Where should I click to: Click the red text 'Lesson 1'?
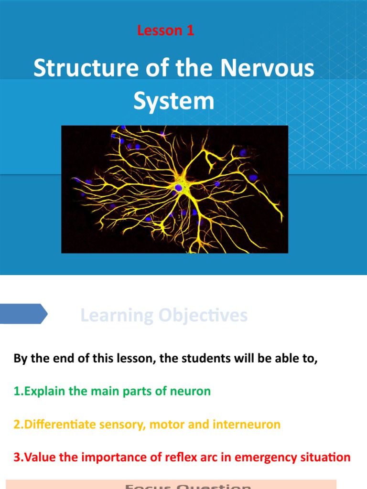165,31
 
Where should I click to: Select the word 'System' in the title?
173,101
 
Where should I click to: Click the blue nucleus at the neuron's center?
178,188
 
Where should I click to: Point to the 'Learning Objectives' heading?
164,315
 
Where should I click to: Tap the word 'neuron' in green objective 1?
190,391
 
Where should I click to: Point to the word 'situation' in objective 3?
326,457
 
